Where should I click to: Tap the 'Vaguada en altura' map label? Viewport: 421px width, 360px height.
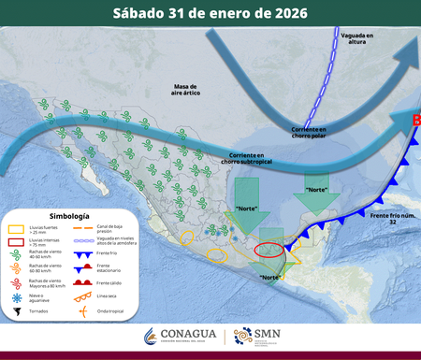point(356,37)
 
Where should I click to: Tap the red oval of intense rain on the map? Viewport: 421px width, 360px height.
point(269,251)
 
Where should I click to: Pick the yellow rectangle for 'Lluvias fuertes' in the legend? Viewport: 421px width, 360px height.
point(16,229)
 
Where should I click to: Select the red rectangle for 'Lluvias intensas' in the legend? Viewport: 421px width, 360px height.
point(16,240)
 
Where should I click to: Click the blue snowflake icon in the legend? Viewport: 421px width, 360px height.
point(16,295)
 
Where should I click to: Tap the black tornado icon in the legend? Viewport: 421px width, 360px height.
point(16,309)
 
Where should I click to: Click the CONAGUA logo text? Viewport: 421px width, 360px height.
point(187,335)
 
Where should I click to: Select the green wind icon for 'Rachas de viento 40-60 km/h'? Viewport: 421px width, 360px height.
point(16,253)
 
